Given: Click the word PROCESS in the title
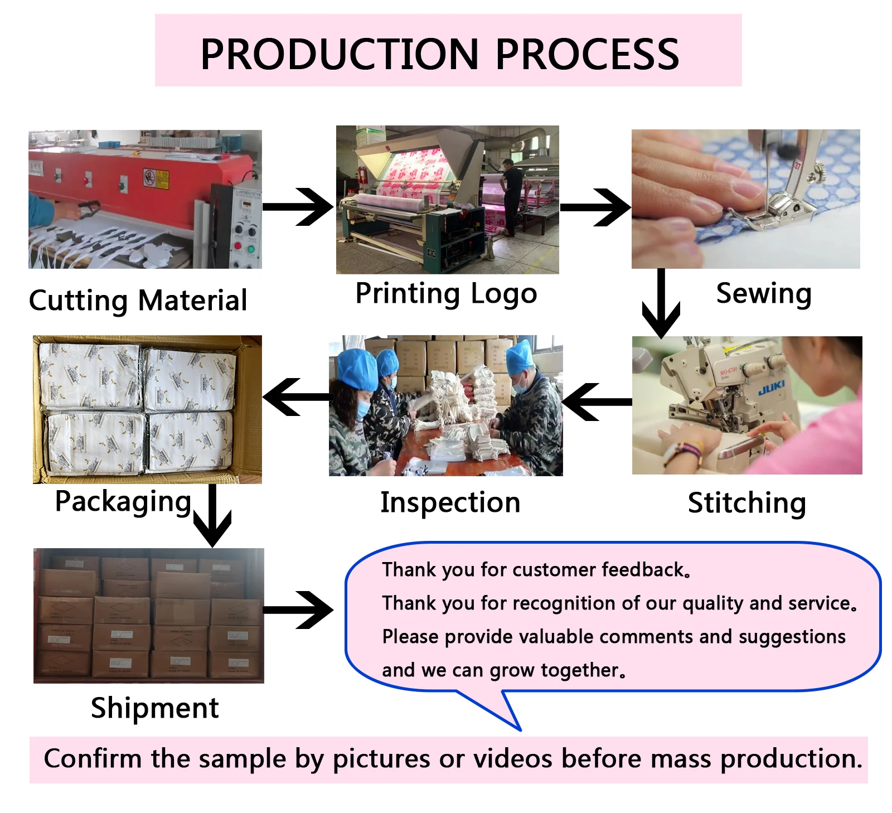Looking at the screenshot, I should [x=587, y=54].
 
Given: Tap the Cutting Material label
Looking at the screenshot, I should [x=138, y=301].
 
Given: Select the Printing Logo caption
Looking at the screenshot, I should [x=446, y=293].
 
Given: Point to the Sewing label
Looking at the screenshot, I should [x=763, y=293].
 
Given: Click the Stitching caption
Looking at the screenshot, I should [x=746, y=503].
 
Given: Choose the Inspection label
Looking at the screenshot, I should [x=450, y=502].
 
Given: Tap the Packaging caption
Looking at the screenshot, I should [x=123, y=501].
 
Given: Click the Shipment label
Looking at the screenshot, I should [x=154, y=708].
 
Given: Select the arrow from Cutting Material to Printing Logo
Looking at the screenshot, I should [x=298, y=207].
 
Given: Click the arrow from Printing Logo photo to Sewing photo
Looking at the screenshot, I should [x=595, y=207].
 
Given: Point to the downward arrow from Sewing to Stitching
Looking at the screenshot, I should [x=661, y=304].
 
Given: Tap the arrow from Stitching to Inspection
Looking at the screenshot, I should [x=597, y=401].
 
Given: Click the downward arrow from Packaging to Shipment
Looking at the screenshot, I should [x=212, y=516].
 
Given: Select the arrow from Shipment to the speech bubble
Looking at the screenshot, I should [x=298, y=609].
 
